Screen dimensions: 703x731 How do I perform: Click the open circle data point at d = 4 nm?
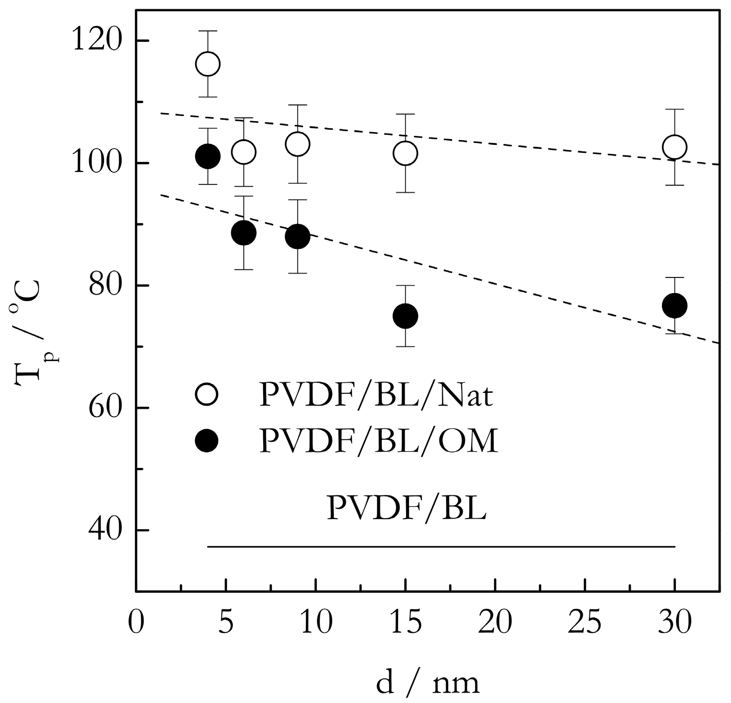pyautogui.click(x=208, y=64)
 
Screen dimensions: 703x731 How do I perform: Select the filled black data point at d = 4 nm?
pyautogui.click(x=208, y=156)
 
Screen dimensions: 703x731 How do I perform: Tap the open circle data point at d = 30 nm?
pyautogui.click(x=674, y=147)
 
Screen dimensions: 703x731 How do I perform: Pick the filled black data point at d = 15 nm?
pyautogui.click(x=405, y=316)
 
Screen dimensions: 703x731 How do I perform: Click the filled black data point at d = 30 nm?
pyautogui.click(x=674, y=305)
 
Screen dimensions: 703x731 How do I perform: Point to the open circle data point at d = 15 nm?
pyautogui.click(x=405, y=153)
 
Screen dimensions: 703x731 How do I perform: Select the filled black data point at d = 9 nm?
pyautogui.click(x=297, y=236)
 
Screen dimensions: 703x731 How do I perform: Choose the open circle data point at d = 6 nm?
pyautogui.click(x=244, y=152)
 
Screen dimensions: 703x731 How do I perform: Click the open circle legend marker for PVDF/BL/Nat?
pyautogui.click(x=207, y=395)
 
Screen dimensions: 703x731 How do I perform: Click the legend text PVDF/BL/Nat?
pyautogui.click(x=376, y=396)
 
